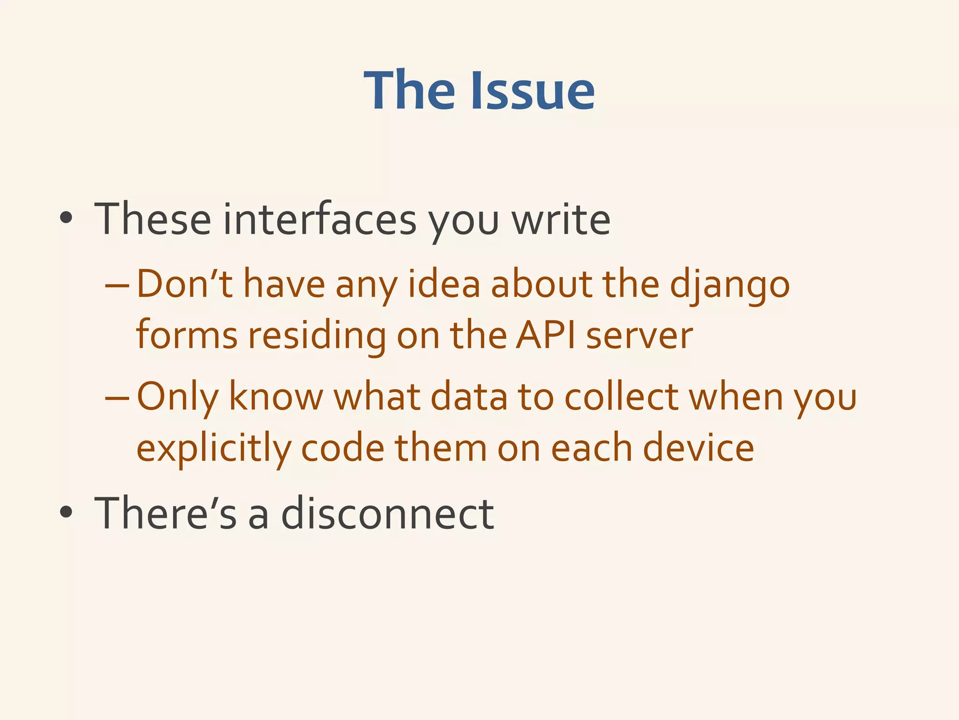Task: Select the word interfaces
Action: click(x=319, y=219)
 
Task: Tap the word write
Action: click(x=561, y=219)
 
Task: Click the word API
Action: click(x=545, y=336)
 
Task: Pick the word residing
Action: click(x=317, y=336)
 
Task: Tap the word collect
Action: click(x=621, y=397)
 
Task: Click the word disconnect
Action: click(x=387, y=513)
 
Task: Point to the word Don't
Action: click(x=184, y=285)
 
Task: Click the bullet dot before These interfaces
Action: click(x=66, y=217)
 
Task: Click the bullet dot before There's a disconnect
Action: click(x=66, y=512)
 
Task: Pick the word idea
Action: click(x=444, y=285)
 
